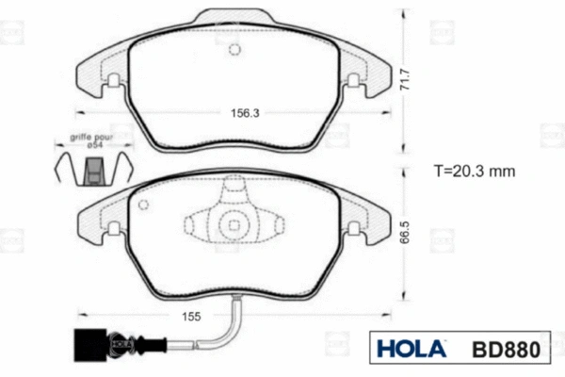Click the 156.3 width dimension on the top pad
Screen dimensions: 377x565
click(x=245, y=113)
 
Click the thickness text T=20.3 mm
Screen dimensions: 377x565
click(x=475, y=172)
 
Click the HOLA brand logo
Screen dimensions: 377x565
click(x=411, y=349)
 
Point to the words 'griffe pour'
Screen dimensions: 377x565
click(x=90, y=138)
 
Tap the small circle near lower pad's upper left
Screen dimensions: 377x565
click(x=143, y=205)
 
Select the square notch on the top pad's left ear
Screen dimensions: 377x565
click(x=113, y=81)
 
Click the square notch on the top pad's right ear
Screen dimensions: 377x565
click(x=354, y=81)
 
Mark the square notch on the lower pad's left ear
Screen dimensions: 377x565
click(x=113, y=228)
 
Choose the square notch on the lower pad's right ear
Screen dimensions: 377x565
click(x=354, y=228)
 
